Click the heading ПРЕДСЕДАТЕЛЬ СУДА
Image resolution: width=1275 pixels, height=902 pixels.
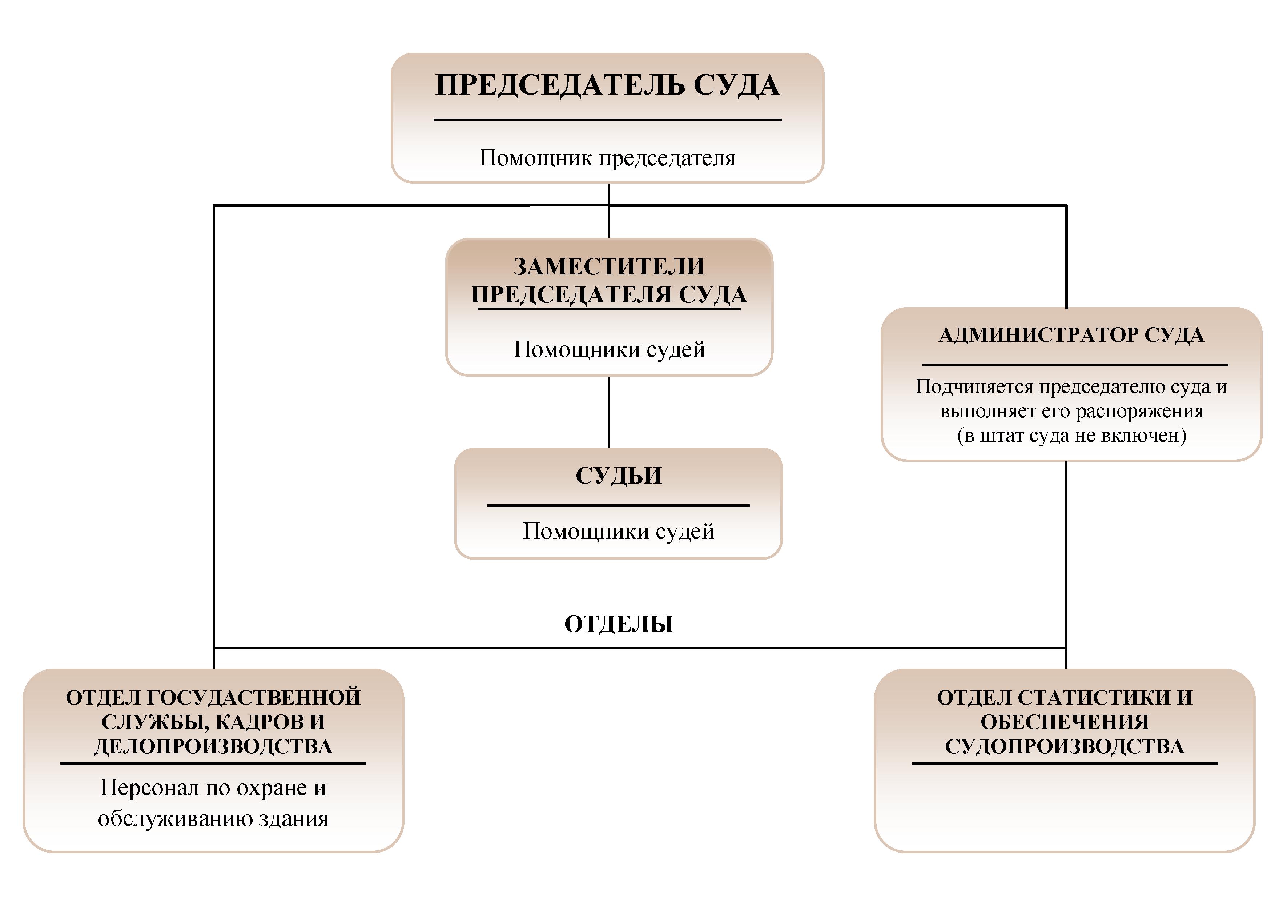[x=607, y=85]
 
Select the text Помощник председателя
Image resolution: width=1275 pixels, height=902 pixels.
[x=607, y=158]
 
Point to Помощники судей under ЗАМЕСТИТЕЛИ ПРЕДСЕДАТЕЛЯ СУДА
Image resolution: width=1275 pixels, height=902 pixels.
[x=609, y=350]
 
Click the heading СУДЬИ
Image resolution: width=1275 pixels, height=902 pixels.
[x=618, y=476]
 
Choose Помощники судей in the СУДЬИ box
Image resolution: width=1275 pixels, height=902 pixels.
[x=618, y=532]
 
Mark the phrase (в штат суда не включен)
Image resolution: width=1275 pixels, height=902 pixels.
[x=1071, y=436]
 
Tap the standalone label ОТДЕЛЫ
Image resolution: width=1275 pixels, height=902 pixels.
[x=619, y=624]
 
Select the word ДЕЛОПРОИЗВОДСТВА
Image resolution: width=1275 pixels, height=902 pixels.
[x=213, y=746]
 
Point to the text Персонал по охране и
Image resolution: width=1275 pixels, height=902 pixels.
[x=213, y=788]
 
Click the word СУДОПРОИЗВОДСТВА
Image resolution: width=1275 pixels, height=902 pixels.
[x=1065, y=746]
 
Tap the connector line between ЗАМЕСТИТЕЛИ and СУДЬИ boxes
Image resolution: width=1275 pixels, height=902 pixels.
[x=609, y=412]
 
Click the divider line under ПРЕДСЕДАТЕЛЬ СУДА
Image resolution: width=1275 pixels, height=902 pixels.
[x=607, y=119]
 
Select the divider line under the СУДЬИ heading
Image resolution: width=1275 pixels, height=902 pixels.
[x=618, y=505]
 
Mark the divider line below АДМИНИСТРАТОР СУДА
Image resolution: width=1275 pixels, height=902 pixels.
[x=1074, y=365]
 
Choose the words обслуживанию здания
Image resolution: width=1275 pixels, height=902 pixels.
[x=213, y=819]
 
